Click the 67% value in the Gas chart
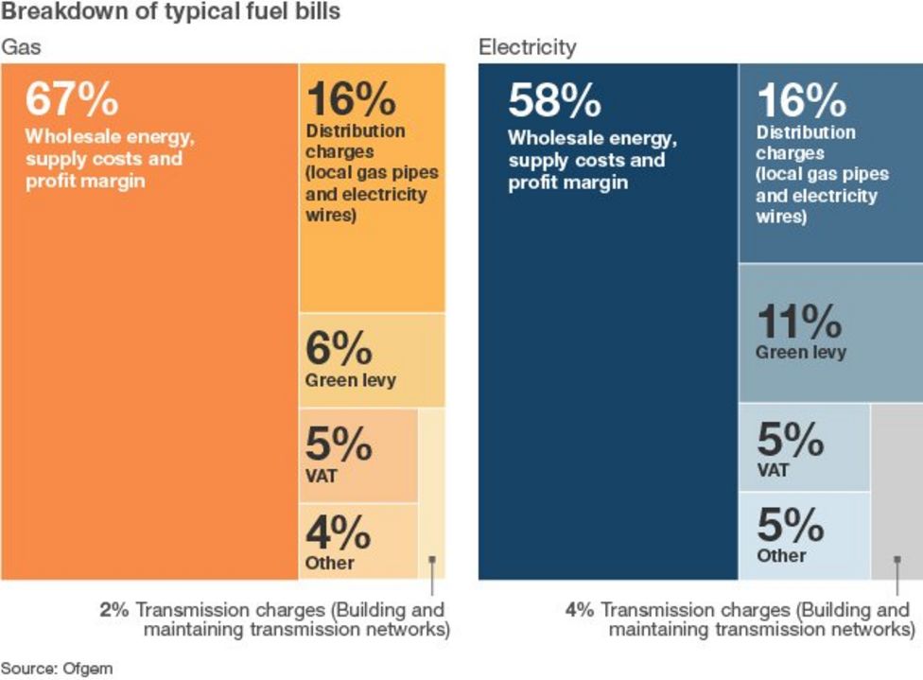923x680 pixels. pos(72,98)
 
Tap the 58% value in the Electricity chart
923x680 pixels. pos(554,100)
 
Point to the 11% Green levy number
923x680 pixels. pos(799,323)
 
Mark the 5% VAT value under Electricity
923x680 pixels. pos(790,439)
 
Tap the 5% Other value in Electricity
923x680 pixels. pos(790,525)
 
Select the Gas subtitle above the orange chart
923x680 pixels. pos(21,46)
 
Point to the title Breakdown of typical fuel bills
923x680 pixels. pos(171,12)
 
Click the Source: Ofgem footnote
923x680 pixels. pos(57,668)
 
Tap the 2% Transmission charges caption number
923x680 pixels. pos(113,610)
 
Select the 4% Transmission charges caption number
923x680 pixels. pos(580,610)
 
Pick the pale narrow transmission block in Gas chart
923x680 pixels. pos(431,492)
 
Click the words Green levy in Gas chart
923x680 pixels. pos(350,381)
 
